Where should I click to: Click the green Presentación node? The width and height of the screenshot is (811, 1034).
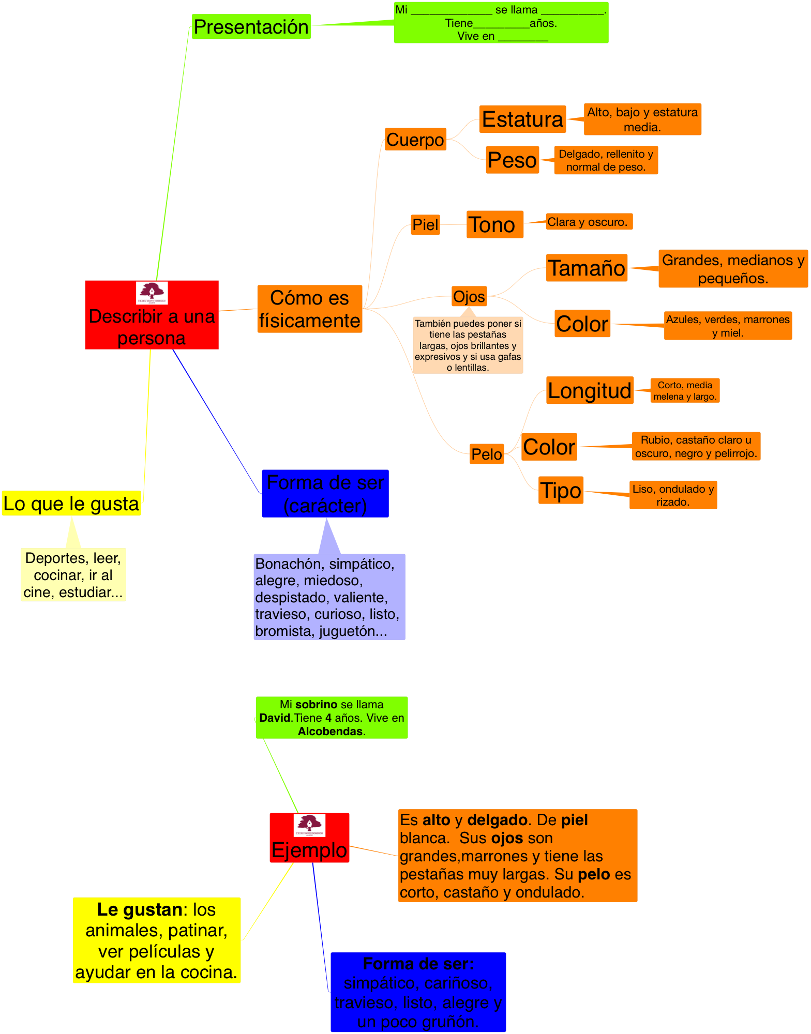point(251,26)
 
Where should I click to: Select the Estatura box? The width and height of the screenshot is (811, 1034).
point(522,119)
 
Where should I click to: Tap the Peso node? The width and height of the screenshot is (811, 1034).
point(512,160)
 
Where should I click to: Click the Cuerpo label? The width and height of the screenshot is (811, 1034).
point(415,140)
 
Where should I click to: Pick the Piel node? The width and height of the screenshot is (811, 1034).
point(425,225)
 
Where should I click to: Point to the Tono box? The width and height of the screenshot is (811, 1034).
point(494,224)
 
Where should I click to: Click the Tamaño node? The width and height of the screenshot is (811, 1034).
point(587,268)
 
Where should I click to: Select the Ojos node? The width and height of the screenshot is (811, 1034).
point(469,296)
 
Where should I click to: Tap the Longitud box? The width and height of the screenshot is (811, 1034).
point(590,390)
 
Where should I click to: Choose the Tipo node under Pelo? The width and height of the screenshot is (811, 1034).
point(561,490)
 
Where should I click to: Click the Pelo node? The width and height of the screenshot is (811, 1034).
point(487,454)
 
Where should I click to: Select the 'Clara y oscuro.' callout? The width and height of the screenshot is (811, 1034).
point(589,222)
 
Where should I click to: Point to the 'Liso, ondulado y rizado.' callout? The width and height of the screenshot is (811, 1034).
point(673,495)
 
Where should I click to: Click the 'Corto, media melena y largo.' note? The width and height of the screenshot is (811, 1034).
point(685,390)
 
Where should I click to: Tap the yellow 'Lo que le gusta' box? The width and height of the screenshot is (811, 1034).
point(71,503)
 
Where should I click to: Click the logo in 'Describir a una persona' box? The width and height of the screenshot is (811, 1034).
point(152,293)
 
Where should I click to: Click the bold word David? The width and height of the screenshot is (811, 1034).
point(275,718)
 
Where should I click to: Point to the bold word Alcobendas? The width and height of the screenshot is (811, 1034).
point(330,731)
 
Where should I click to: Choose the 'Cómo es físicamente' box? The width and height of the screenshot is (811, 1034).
point(310,309)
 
